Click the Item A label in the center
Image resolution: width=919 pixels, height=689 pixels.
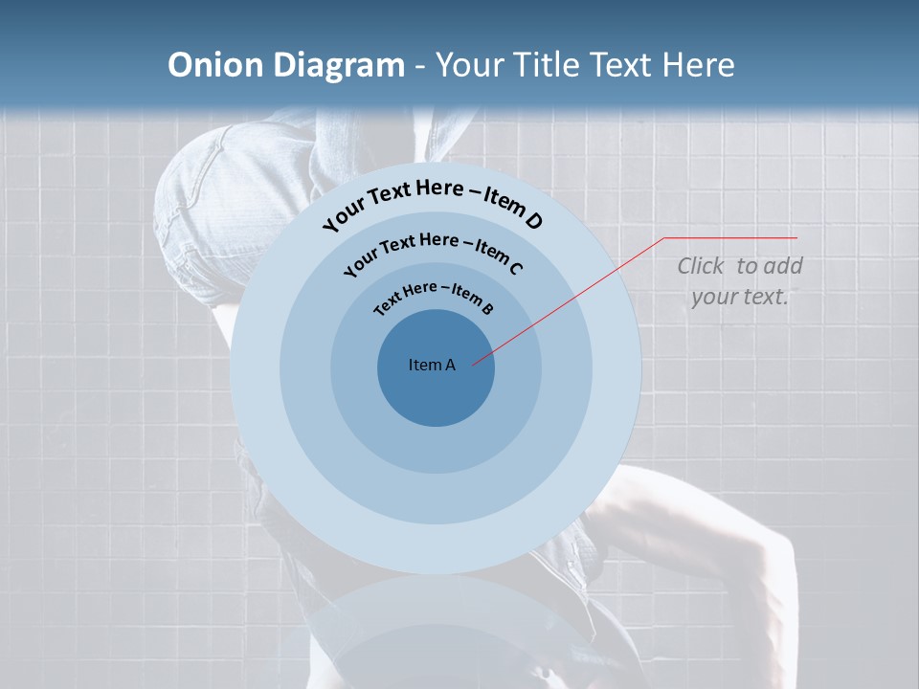coord(432,365)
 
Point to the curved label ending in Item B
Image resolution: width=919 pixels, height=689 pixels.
coord(434,296)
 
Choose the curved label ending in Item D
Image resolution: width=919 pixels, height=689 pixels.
coord(433,200)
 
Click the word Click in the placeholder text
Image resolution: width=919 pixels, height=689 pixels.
coord(703,266)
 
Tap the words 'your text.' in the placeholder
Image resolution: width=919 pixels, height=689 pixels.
coord(739,297)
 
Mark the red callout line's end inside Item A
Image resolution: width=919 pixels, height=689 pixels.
coord(474,364)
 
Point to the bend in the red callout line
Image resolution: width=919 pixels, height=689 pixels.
coord(664,238)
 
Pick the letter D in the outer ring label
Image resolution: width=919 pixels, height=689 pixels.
coord(533,222)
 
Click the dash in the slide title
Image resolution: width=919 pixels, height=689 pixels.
coord(420,66)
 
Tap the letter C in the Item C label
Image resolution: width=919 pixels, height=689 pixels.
coord(516,268)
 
